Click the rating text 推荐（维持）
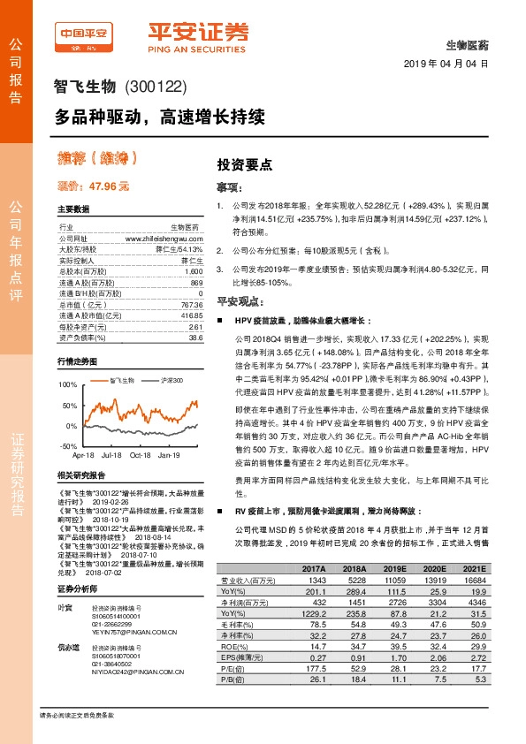pos(97,159)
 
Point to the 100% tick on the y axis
pos(69,385)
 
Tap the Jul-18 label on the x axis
pos(111,455)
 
